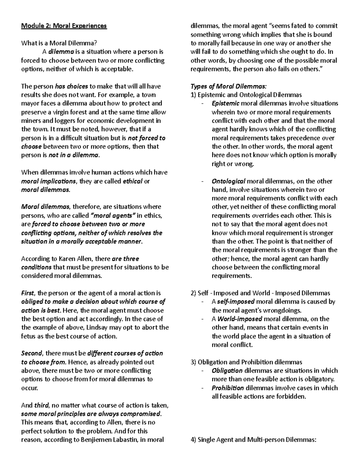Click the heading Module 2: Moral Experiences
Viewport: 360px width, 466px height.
pyautogui.click(x=64, y=26)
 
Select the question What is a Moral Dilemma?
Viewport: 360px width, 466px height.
pyautogui.click(x=59, y=43)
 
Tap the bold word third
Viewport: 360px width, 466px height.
pyautogui.click(x=41, y=405)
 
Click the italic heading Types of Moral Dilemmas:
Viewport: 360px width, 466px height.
pyautogui.click(x=228, y=86)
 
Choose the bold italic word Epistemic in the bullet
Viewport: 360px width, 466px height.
pyautogui.click(x=225, y=104)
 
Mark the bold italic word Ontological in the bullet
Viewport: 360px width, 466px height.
pyautogui.click(x=229, y=181)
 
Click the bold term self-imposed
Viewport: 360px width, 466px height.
pyautogui.click(x=236, y=302)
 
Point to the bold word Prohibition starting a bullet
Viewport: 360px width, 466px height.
pyautogui.click(x=228, y=388)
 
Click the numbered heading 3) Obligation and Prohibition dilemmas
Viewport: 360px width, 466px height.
pyautogui.click(x=246, y=362)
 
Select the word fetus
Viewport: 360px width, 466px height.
pyautogui.click(x=28, y=336)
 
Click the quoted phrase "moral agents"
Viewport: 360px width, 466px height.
pyautogui.click(x=113, y=215)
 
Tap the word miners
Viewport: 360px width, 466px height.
pyautogui.click(x=30, y=121)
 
